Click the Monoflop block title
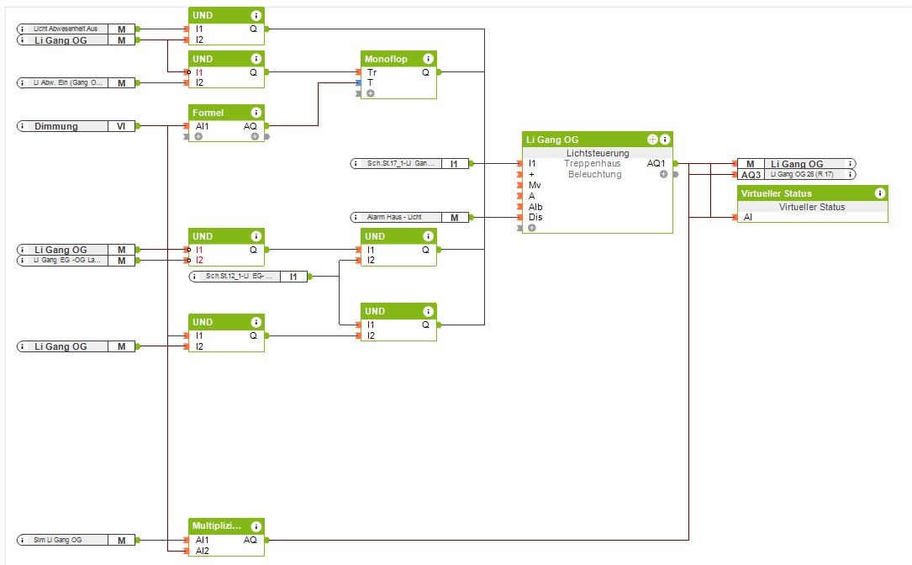pyautogui.click(x=386, y=59)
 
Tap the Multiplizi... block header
pyautogui.click(x=218, y=526)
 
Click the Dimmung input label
pyautogui.click(x=56, y=126)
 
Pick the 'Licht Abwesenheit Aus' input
pyautogui.click(x=66, y=29)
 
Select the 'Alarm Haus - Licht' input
pyautogui.click(x=394, y=217)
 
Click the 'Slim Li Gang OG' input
pyautogui.click(x=58, y=540)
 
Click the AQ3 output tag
pyautogui.click(x=750, y=174)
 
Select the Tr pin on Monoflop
pyautogui.click(x=372, y=72)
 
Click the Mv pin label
pyautogui.click(x=535, y=185)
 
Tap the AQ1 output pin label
pyautogui.click(x=657, y=163)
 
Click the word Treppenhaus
pyautogui.click(x=592, y=163)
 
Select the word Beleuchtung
pyautogui.click(x=594, y=174)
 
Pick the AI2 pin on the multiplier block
pyautogui.click(x=203, y=551)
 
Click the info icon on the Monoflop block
pyautogui.click(x=428, y=59)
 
